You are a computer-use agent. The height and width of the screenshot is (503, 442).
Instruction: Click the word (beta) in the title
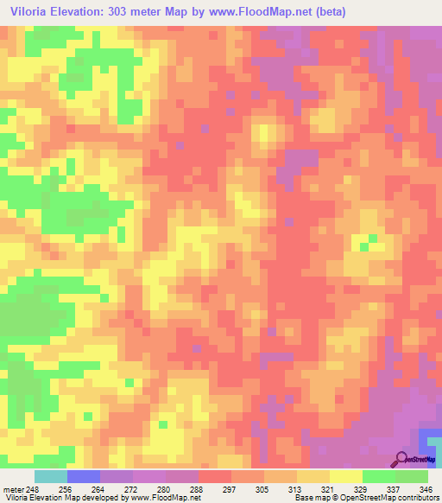pyautogui.click(x=360, y=11)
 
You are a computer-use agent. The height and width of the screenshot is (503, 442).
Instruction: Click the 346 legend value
pyautogui.click(x=424, y=488)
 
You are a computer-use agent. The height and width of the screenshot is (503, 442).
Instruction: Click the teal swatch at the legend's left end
pyautogui.click(x=51, y=476)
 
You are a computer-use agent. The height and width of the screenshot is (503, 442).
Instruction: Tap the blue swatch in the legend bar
pyautogui.click(x=84, y=476)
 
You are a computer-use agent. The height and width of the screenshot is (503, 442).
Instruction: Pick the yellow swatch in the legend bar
pyautogui.click(x=346, y=476)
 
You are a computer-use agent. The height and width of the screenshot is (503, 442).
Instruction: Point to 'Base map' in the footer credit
pyautogui.click(x=310, y=499)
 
